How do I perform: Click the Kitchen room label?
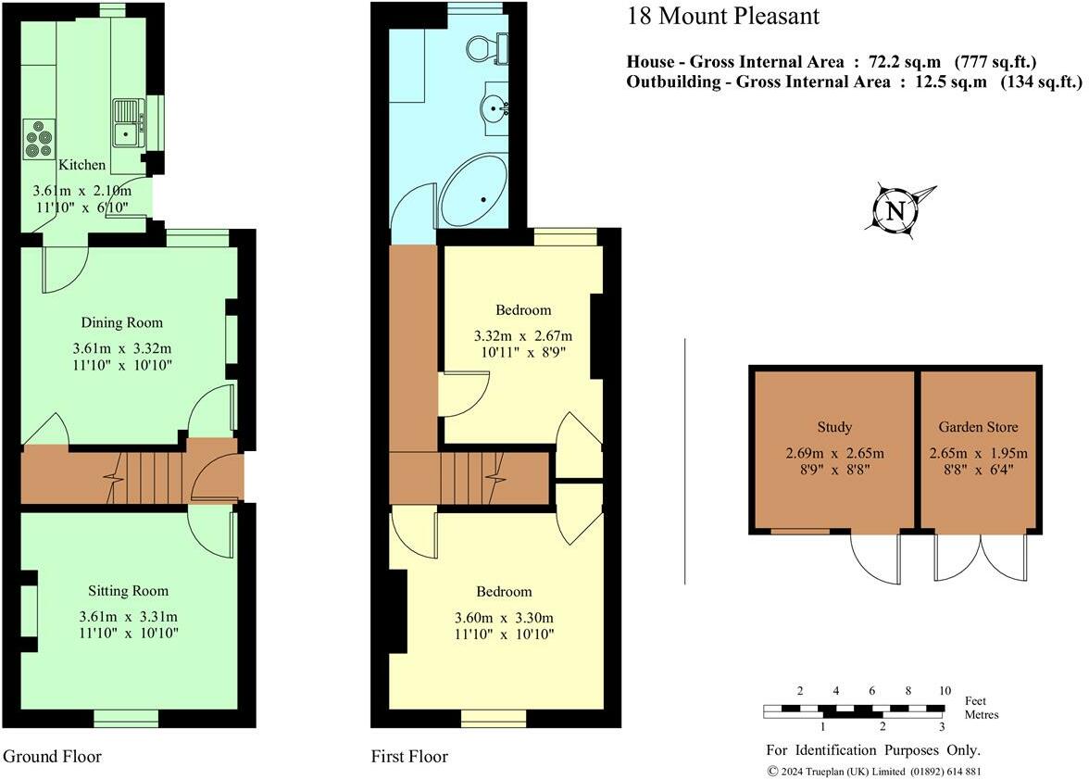pyautogui.click(x=81, y=165)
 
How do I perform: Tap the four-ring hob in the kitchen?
pyautogui.click(x=39, y=140)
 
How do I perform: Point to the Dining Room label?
pyautogui.click(x=121, y=322)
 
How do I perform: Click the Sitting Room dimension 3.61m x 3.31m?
pyautogui.click(x=129, y=616)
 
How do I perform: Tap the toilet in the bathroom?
pyautogui.click(x=487, y=47)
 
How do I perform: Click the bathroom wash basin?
pyautogui.click(x=495, y=108)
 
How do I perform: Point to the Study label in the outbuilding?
pyautogui.click(x=834, y=427)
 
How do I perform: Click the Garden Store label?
pyautogui.click(x=978, y=427)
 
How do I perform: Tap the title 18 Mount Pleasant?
pyautogui.click(x=723, y=16)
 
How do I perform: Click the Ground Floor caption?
pyautogui.click(x=52, y=756)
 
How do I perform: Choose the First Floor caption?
pyautogui.click(x=409, y=756)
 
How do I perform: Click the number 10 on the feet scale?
pyautogui.click(x=945, y=691)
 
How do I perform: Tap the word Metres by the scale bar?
pyautogui.click(x=982, y=714)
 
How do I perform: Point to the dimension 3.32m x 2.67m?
pyautogui.click(x=523, y=335)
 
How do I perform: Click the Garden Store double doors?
pyautogui.click(x=981, y=556)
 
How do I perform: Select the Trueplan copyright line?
pyautogui.click(x=874, y=772)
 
